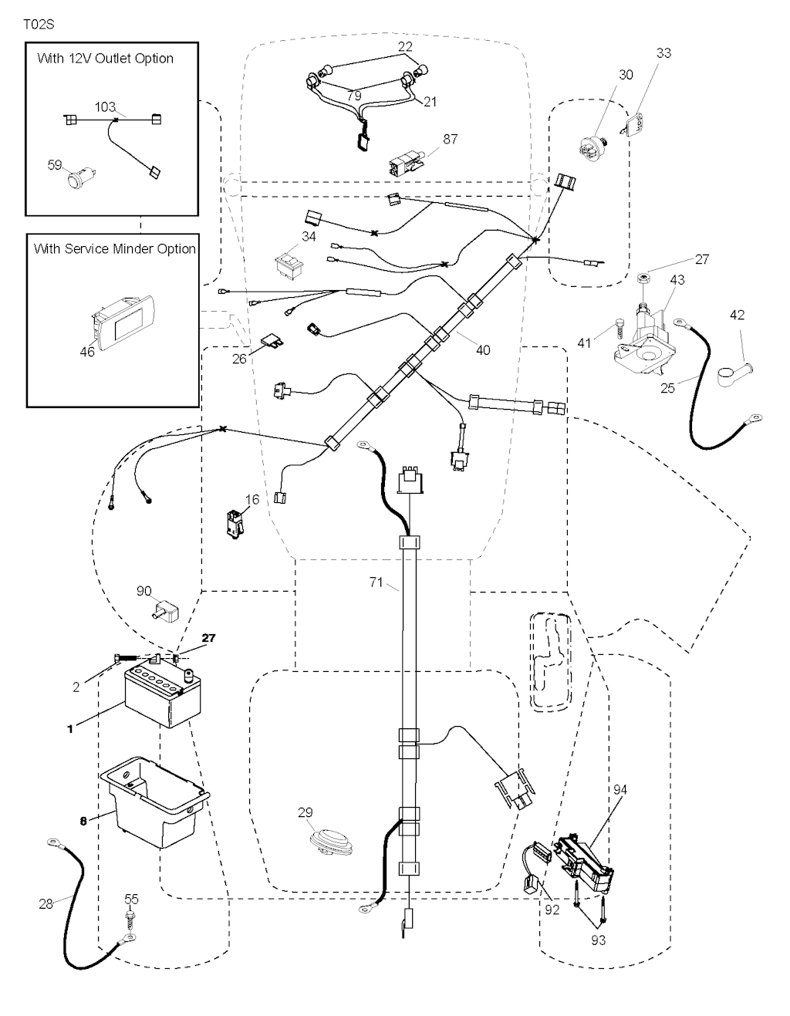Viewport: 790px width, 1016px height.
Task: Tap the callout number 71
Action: tap(376, 582)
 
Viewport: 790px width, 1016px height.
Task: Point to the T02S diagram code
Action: tap(39, 24)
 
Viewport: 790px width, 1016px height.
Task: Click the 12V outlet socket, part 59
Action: tap(78, 180)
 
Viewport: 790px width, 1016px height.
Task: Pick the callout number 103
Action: tap(105, 107)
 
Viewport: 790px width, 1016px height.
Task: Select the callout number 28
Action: tap(46, 903)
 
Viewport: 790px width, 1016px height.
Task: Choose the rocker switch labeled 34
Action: tap(289, 264)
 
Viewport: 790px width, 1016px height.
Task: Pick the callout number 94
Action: tap(621, 789)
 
